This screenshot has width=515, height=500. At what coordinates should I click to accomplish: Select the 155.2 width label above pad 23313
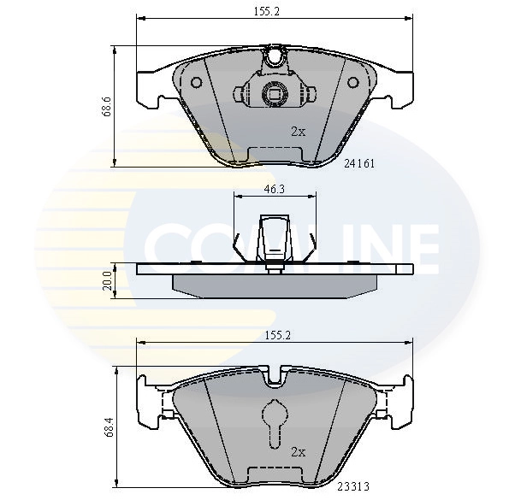click(x=275, y=336)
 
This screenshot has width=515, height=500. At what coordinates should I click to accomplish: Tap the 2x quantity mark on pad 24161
click(x=298, y=132)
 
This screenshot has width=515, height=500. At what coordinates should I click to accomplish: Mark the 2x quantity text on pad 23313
click(x=298, y=451)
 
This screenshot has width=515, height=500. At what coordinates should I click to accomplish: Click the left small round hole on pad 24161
click(x=196, y=84)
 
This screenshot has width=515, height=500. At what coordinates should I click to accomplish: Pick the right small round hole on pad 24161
click(x=352, y=84)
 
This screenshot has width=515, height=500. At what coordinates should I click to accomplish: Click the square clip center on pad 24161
click(x=274, y=95)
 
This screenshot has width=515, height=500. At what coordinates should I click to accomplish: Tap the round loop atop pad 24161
click(x=274, y=58)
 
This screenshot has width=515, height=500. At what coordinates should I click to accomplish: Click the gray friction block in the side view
click(x=274, y=285)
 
